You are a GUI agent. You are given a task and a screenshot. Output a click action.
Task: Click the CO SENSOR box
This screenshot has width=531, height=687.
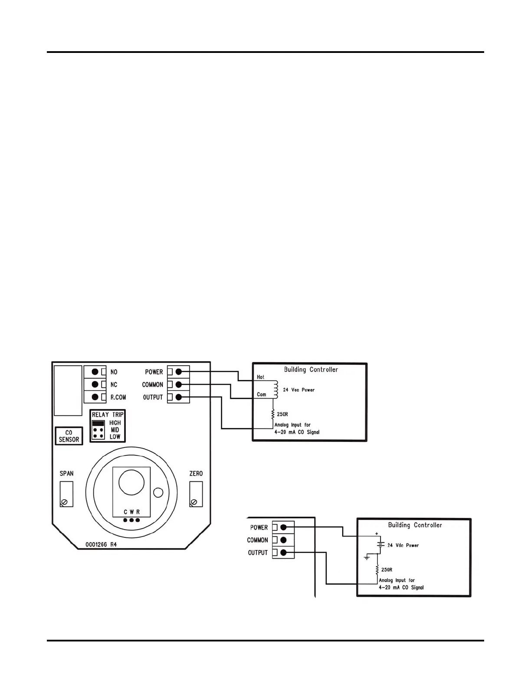click(69, 436)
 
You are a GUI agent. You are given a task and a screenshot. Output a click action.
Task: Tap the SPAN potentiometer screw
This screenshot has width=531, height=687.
click(65, 502)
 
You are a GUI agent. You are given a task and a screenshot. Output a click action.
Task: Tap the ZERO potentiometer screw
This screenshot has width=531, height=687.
click(194, 502)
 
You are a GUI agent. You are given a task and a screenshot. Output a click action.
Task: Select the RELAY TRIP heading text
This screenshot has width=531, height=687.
click(108, 415)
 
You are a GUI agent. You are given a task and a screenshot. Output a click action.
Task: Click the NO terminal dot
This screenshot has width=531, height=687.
click(95, 372)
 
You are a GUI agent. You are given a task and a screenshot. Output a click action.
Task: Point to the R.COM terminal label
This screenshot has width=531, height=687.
click(118, 397)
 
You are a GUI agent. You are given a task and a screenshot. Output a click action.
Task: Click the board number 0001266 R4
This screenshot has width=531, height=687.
click(101, 545)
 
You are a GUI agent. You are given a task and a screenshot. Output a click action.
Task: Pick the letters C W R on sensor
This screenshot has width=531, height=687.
click(132, 512)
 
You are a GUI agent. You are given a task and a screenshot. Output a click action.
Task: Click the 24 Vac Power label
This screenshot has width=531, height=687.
click(299, 390)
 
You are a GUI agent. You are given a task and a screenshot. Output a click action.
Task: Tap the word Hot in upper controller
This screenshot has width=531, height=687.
click(260, 377)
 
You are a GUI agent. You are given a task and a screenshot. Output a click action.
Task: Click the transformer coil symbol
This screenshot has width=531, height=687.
click(275, 389)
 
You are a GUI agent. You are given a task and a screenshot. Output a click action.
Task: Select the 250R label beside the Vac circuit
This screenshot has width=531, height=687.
click(282, 414)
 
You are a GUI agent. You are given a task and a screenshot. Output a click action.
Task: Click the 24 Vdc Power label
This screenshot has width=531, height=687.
click(403, 545)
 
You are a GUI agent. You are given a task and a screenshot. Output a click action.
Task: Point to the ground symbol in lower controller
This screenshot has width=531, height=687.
click(367, 557)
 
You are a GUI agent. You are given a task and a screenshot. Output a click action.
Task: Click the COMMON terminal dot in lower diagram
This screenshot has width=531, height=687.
click(284, 540)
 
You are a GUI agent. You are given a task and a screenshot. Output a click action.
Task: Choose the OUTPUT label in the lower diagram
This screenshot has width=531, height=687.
click(258, 553)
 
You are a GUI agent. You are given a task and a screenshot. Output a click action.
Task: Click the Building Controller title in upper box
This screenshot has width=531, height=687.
click(311, 370)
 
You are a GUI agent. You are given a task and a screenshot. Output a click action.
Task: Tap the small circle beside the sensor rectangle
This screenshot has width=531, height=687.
click(158, 492)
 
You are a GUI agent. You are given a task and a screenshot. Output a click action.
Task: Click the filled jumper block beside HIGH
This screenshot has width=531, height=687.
click(98, 423)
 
